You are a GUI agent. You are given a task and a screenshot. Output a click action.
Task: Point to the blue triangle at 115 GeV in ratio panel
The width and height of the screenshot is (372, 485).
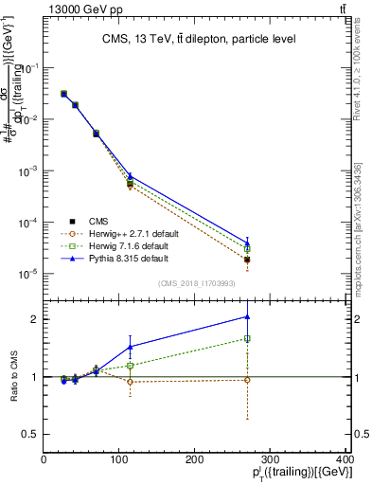point(130,347)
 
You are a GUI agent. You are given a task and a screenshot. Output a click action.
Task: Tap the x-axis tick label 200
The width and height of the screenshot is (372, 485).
point(195,459)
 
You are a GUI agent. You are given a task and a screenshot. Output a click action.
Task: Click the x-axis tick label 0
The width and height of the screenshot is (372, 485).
point(44,459)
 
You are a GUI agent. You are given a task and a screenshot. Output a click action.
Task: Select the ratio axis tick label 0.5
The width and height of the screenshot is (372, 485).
point(30,434)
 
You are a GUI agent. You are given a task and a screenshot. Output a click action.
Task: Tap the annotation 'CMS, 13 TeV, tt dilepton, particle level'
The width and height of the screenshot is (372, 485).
point(197,39)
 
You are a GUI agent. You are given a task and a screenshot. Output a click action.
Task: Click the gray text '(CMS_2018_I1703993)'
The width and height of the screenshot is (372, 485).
point(197,283)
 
